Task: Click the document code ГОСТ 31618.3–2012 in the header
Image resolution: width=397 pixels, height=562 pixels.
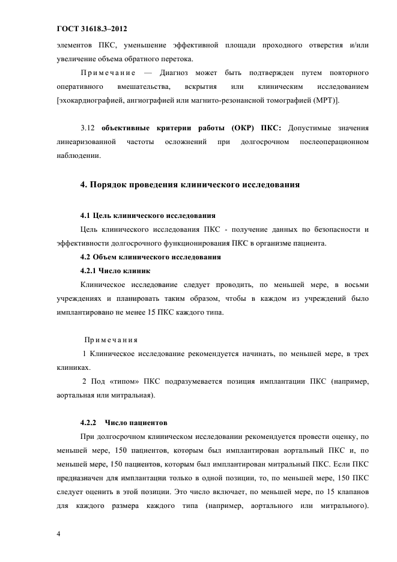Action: (92, 29)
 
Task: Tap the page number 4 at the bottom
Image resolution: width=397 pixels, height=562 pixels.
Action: (58, 533)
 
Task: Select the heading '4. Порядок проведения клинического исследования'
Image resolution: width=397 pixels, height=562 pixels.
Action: (190, 184)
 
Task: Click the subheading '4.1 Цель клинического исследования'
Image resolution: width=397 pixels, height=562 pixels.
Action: (148, 215)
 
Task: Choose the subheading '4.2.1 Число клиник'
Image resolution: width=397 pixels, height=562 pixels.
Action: (115, 271)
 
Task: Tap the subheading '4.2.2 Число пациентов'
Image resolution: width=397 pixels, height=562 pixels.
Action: (123, 423)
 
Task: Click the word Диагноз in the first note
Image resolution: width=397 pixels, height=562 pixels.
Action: (175, 73)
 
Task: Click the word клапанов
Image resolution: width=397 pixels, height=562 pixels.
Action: (352, 492)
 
